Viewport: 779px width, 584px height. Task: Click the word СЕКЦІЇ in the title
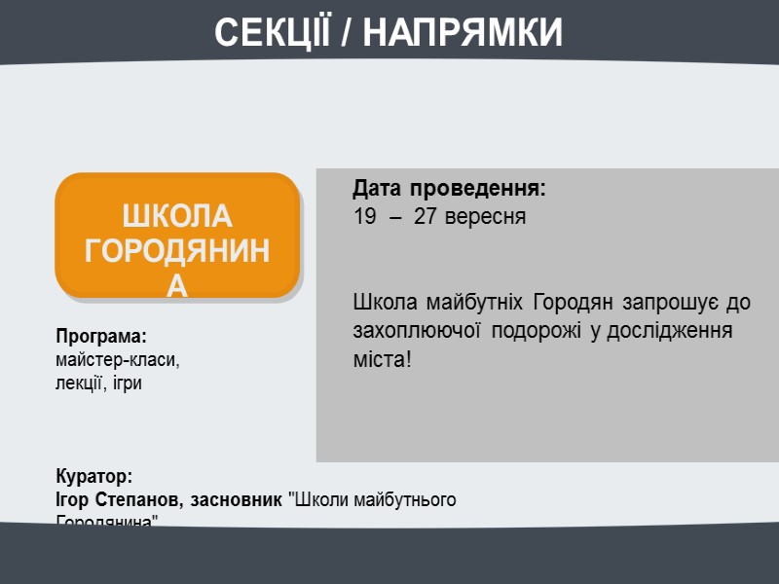coord(273,32)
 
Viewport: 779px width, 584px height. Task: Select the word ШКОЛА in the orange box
coord(177,216)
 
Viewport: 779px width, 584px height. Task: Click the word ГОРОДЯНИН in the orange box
coord(177,251)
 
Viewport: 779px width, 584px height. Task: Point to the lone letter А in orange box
coord(177,284)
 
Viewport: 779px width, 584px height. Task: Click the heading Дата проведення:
coord(450,187)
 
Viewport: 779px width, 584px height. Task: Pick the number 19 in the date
coord(364,216)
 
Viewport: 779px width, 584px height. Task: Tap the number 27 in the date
coord(425,216)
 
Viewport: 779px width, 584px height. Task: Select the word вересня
coord(484,216)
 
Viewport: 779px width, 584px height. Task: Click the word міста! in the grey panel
coord(382,360)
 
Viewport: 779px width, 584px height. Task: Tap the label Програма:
coord(100,337)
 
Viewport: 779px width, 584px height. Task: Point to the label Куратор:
coord(93,477)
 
